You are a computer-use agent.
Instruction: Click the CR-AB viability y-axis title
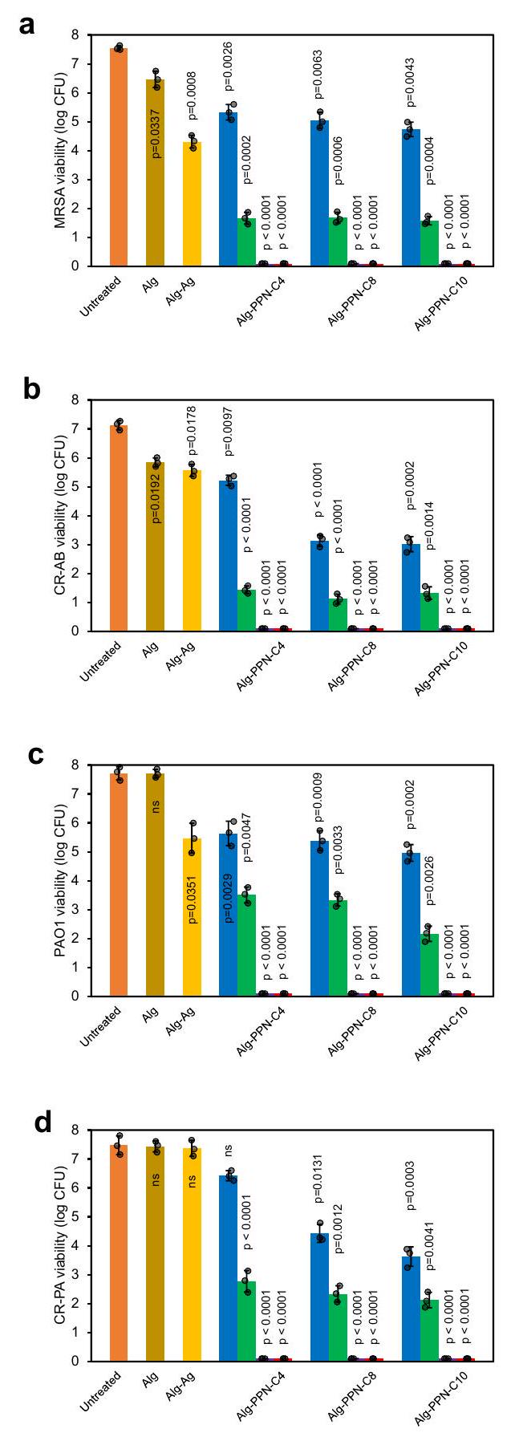(x=60, y=515)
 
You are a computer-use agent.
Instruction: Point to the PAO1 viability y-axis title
(x=60, y=880)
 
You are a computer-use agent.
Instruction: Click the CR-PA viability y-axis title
(x=60, y=1245)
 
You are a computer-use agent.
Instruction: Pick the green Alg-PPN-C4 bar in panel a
(x=247, y=242)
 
